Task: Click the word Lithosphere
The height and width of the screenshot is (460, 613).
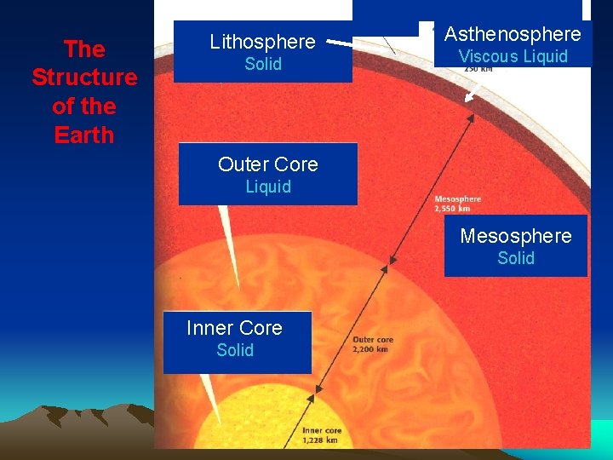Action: pos(262,41)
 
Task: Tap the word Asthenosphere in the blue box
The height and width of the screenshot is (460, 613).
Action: pos(513,34)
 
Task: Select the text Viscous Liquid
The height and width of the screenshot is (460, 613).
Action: pos(513,57)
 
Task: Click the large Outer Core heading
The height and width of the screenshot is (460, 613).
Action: pos(267,164)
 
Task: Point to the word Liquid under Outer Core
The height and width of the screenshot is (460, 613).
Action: pos(268,187)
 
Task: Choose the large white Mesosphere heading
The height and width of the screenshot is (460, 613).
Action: pos(516,236)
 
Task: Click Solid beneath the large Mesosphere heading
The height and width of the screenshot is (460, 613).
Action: pos(516,258)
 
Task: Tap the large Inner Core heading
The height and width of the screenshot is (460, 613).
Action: pos(234,328)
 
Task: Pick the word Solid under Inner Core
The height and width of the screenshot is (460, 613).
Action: pos(235,350)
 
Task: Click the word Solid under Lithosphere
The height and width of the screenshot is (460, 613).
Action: pos(263,64)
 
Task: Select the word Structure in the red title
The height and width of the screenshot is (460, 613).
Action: pos(84,78)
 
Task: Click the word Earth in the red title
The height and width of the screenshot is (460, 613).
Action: pos(83,135)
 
